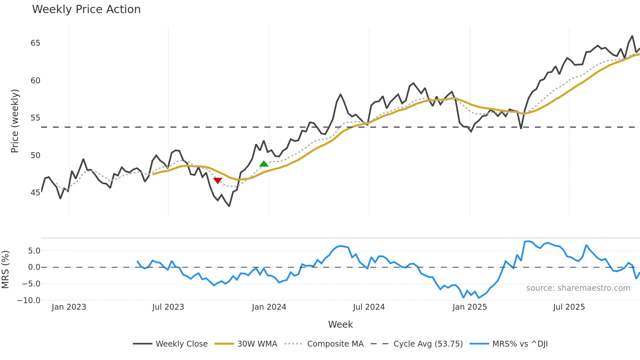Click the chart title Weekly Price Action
86,9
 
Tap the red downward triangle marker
218,180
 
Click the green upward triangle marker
264,164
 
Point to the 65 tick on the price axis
35,43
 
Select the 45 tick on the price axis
35,193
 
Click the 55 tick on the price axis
35,118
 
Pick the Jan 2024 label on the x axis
269,307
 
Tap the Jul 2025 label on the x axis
569,307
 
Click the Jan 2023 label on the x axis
69,307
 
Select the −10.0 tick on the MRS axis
29,301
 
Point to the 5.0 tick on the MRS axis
34,251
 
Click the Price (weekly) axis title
15,121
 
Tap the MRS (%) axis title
5,270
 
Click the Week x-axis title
340,324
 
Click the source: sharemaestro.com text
578,288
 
